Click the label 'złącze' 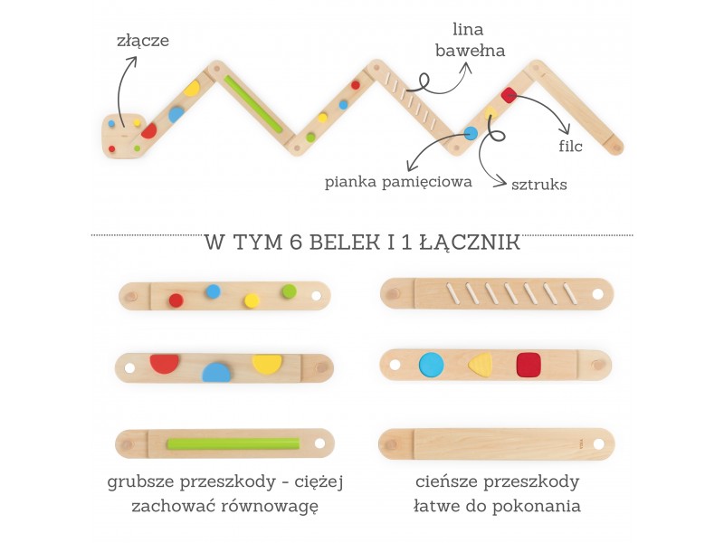143,40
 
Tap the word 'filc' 572,144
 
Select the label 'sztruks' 538,184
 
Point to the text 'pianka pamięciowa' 399,182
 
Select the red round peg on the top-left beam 176,300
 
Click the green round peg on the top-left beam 289,291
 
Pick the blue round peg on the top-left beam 213,291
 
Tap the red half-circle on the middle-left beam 164,363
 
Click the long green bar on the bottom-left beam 233,443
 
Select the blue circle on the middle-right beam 432,365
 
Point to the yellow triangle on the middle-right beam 481,364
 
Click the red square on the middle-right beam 528,365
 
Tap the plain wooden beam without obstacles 496,443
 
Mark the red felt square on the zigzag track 509,95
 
